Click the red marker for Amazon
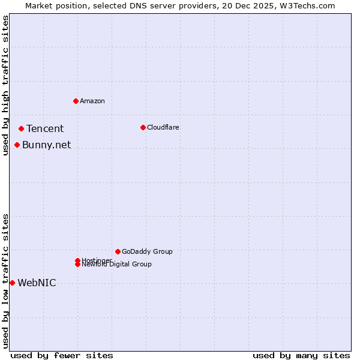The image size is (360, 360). click(x=76, y=101)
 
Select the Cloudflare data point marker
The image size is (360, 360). click(x=143, y=127)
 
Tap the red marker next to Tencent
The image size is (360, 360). click(x=21, y=128)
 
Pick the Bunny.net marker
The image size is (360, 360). click(x=17, y=145)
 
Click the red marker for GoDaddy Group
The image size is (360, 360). click(x=118, y=251)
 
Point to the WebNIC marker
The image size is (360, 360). click(x=12, y=283)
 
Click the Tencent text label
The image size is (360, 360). click(x=45, y=128)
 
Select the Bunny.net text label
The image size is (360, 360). click(x=46, y=145)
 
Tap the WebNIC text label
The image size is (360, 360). click(x=37, y=283)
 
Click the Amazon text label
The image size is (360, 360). click(x=92, y=101)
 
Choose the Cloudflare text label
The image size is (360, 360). click(x=163, y=127)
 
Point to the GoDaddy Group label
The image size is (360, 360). click(x=147, y=251)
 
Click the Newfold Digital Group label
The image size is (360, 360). click(x=117, y=265)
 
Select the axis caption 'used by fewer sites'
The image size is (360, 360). click(x=62, y=355)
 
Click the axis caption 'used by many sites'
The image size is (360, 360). click(x=301, y=355)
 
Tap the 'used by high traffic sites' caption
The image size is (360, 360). click(x=5, y=85)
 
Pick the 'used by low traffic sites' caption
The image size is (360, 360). click(x=5, y=281)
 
